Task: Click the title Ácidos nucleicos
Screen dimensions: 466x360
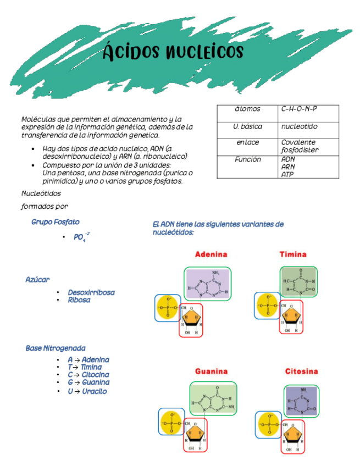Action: [x=173, y=52]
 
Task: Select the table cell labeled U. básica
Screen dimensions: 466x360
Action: [x=247, y=126]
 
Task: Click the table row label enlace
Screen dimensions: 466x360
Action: [x=247, y=142]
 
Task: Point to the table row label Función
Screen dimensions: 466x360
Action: [x=247, y=159]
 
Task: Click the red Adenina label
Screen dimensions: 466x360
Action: [x=211, y=254]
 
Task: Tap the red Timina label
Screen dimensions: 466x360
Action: [x=293, y=254]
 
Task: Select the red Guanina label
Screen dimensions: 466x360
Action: [x=211, y=371]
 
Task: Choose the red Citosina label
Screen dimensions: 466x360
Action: [x=301, y=371]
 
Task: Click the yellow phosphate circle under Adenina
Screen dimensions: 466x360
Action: [x=168, y=308]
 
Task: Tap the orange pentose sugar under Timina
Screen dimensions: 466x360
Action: [x=292, y=317]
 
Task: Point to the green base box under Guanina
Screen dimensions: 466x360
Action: [x=213, y=399]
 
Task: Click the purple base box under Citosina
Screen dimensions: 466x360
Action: [x=301, y=400]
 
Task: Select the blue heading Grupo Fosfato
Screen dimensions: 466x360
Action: [x=55, y=222]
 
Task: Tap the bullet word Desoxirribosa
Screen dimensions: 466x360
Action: [x=91, y=292]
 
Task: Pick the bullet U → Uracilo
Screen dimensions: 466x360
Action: [x=87, y=391]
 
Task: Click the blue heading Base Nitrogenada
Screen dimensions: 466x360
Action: [x=55, y=348]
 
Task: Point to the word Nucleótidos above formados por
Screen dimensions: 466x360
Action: [x=41, y=193]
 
